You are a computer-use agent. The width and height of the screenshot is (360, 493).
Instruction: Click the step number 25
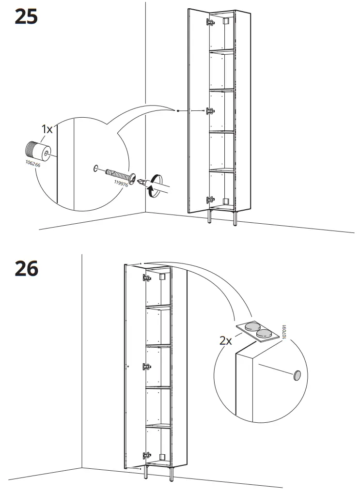pos(26,16)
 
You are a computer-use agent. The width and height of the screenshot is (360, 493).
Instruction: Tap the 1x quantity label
pos(47,129)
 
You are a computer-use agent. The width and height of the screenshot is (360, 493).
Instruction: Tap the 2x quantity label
pos(225,340)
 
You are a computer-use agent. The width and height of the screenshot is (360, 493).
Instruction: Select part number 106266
pos(33,163)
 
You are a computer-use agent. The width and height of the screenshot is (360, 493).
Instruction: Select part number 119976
pos(121,183)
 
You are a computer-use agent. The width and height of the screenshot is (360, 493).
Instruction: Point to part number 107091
pos(284,332)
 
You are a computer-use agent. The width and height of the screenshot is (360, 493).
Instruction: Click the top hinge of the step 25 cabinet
pos(210,22)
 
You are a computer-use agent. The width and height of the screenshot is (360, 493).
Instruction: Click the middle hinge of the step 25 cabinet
pos(210,111)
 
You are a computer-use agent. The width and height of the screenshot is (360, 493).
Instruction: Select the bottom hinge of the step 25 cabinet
pos(210,200)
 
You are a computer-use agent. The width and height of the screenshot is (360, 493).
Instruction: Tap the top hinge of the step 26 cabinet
pos(147,278)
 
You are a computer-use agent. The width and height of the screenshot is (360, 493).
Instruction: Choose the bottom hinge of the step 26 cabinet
pos(147,456)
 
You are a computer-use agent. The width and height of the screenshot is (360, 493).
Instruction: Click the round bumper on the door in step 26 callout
pos(297,375)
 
